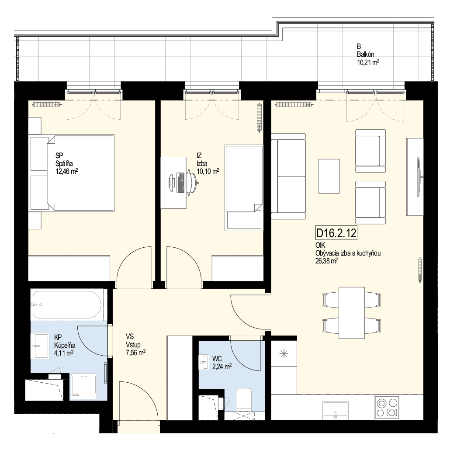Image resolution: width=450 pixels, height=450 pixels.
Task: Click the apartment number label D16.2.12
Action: (x=336, y=233)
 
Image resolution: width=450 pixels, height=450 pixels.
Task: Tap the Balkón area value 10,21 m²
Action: (x=368, y=62)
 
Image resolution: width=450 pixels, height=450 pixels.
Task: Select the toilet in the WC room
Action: (x=244, y=400)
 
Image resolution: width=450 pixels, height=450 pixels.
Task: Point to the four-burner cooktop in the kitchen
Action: (x=387, y=407)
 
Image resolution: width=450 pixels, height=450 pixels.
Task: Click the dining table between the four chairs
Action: (x=352, y=313)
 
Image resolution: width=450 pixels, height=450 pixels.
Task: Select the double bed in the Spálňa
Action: (x=80, y=173)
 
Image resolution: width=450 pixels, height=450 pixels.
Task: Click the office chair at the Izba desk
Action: (x=192, y=183)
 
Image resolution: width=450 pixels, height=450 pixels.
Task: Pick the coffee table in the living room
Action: (x=329, y=176)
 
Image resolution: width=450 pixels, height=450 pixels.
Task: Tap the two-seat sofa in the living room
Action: (x=288, y=176)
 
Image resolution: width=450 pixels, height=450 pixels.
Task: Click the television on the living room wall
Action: (x=419, y=177)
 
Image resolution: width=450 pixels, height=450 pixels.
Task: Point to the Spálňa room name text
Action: (x=64, y=163)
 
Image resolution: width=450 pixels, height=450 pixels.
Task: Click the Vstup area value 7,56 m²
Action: (x=135, y=352)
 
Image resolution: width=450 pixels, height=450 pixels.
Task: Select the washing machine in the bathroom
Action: (x=83, y=386)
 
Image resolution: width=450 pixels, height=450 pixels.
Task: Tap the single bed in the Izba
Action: (x=244, y=188)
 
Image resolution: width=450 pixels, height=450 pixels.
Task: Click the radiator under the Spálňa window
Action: (x=47, y=104)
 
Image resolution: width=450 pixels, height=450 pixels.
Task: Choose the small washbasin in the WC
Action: (x=204, y=363)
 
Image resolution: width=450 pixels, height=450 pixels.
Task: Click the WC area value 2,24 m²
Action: (x=222, y=367)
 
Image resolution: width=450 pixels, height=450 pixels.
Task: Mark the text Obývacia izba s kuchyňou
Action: (x=348, y=253)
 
